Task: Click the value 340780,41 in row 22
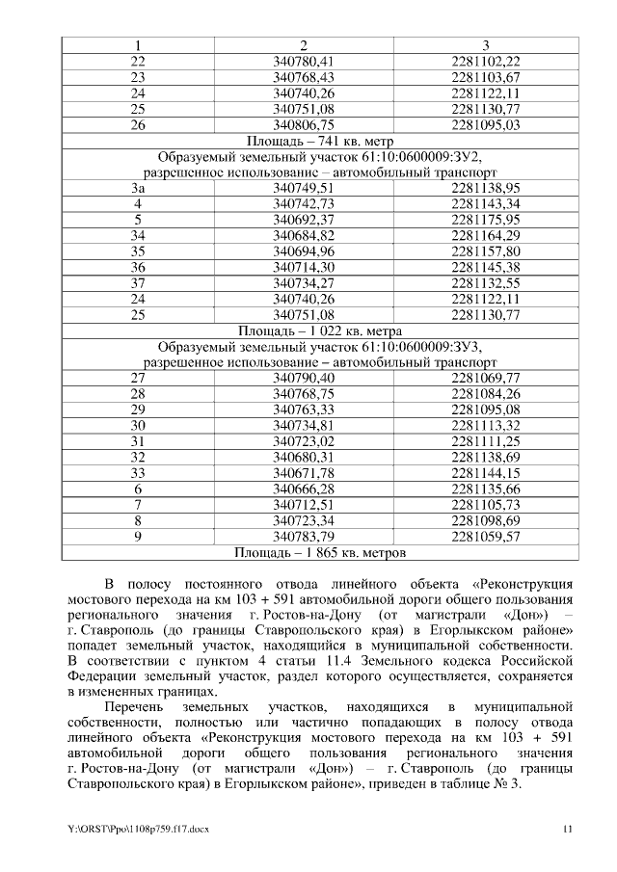[x=304, y=62]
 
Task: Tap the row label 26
[x=138, y=124]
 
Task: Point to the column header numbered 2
[x=304, y=45]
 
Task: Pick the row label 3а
[x=138, y=188]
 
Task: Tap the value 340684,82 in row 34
[x=304, y=235]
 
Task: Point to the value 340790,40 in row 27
[x=304, y=378]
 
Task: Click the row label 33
[x=138, y=472]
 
